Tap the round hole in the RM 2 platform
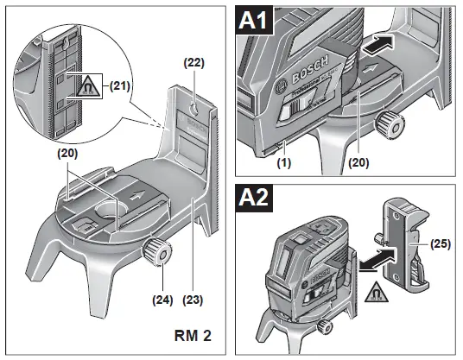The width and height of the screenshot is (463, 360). pyautogui.click(x=108, y=209)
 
